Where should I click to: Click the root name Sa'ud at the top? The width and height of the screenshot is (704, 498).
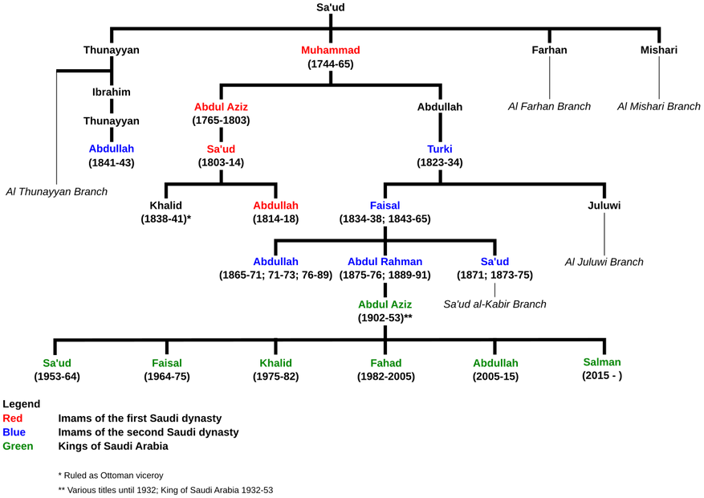coord(331,7)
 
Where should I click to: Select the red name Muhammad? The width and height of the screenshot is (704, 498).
coord(331,50)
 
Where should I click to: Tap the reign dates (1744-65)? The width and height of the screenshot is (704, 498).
coord(331,64)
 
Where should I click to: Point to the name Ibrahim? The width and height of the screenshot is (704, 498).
coord(112,92)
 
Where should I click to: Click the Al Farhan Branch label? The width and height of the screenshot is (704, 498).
coord(549,106)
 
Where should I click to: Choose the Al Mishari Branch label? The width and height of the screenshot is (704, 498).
coord(659,106)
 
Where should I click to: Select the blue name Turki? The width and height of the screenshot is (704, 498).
coord(440,149)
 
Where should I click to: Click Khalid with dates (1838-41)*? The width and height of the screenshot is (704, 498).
coord(166,212)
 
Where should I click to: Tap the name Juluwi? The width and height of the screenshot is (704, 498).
coord(604,205)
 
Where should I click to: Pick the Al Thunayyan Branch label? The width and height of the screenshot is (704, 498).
coord(56,192)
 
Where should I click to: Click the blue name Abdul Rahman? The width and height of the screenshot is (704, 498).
coord(385,261)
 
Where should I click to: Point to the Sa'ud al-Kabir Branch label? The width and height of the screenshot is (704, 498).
coord(494,304)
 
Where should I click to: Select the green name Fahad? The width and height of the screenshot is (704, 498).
coord(385,363)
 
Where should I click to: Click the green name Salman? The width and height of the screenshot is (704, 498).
coord(602,362)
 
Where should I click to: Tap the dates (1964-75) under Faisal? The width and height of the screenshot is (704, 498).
coord(167,376)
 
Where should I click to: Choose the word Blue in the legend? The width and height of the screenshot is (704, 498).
coord(14,432)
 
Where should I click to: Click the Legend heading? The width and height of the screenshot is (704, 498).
coord(22,404)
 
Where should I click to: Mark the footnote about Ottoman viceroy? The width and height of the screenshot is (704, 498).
coord(111,475)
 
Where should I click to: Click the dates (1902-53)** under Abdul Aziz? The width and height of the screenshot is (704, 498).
coord(385,318)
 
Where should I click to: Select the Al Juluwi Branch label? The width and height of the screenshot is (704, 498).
coord(604,262)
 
